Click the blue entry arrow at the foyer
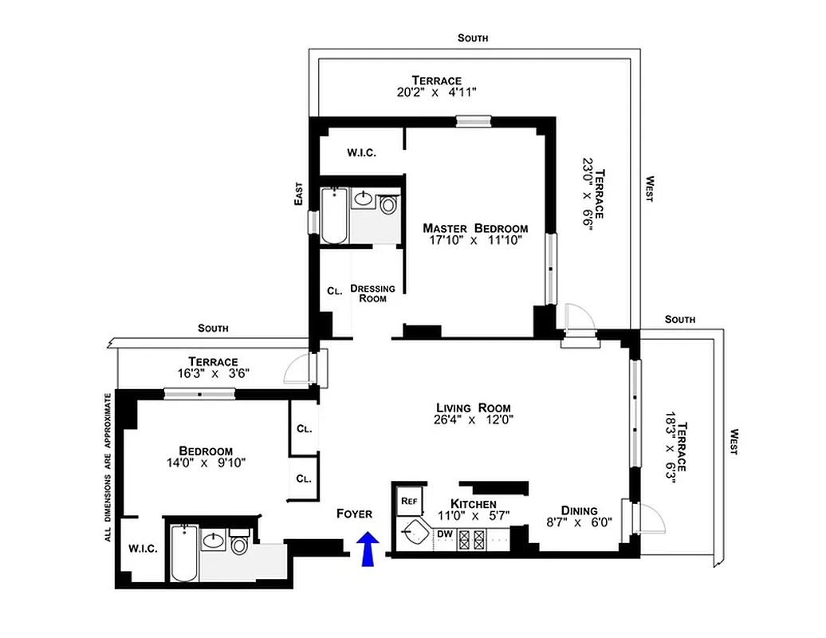pos(367,549)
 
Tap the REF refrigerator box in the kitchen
pos(409,501)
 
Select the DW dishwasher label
pos(444,534)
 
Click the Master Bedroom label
pos(475,227)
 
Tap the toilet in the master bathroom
pos(388,204)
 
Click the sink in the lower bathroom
pos(213,542)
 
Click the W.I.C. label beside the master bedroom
pos(361,153)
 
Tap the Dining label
pos(580,510)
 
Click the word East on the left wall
pos(298,194)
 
